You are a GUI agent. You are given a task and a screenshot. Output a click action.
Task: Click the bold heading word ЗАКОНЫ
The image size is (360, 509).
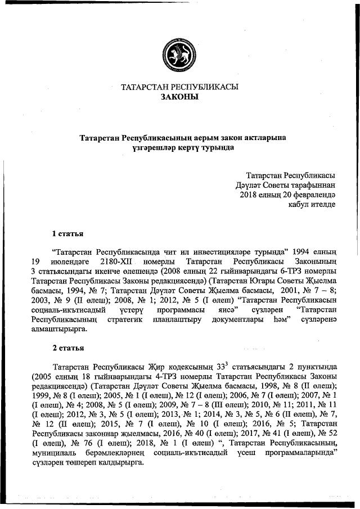(x=179, y=97)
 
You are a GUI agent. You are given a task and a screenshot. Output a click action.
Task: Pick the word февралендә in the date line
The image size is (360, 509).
(x=312, y=194)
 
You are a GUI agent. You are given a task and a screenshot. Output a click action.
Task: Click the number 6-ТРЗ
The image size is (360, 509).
(x=260, y=271)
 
